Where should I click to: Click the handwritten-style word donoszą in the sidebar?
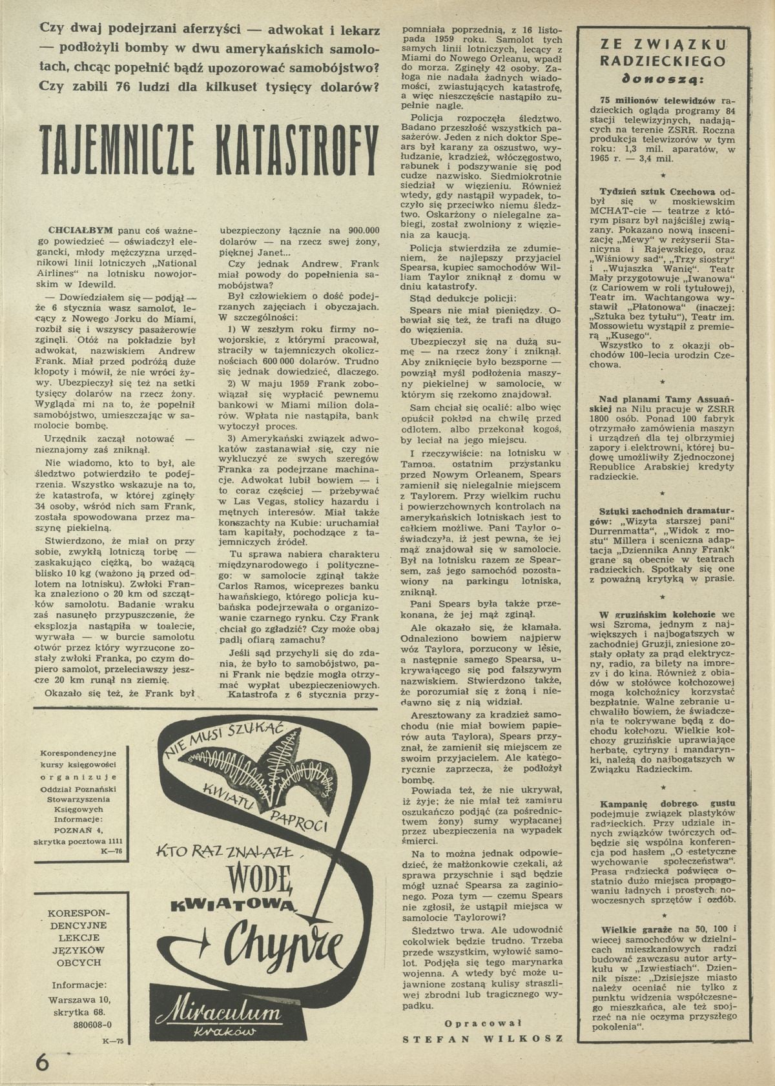click(665, 81)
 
